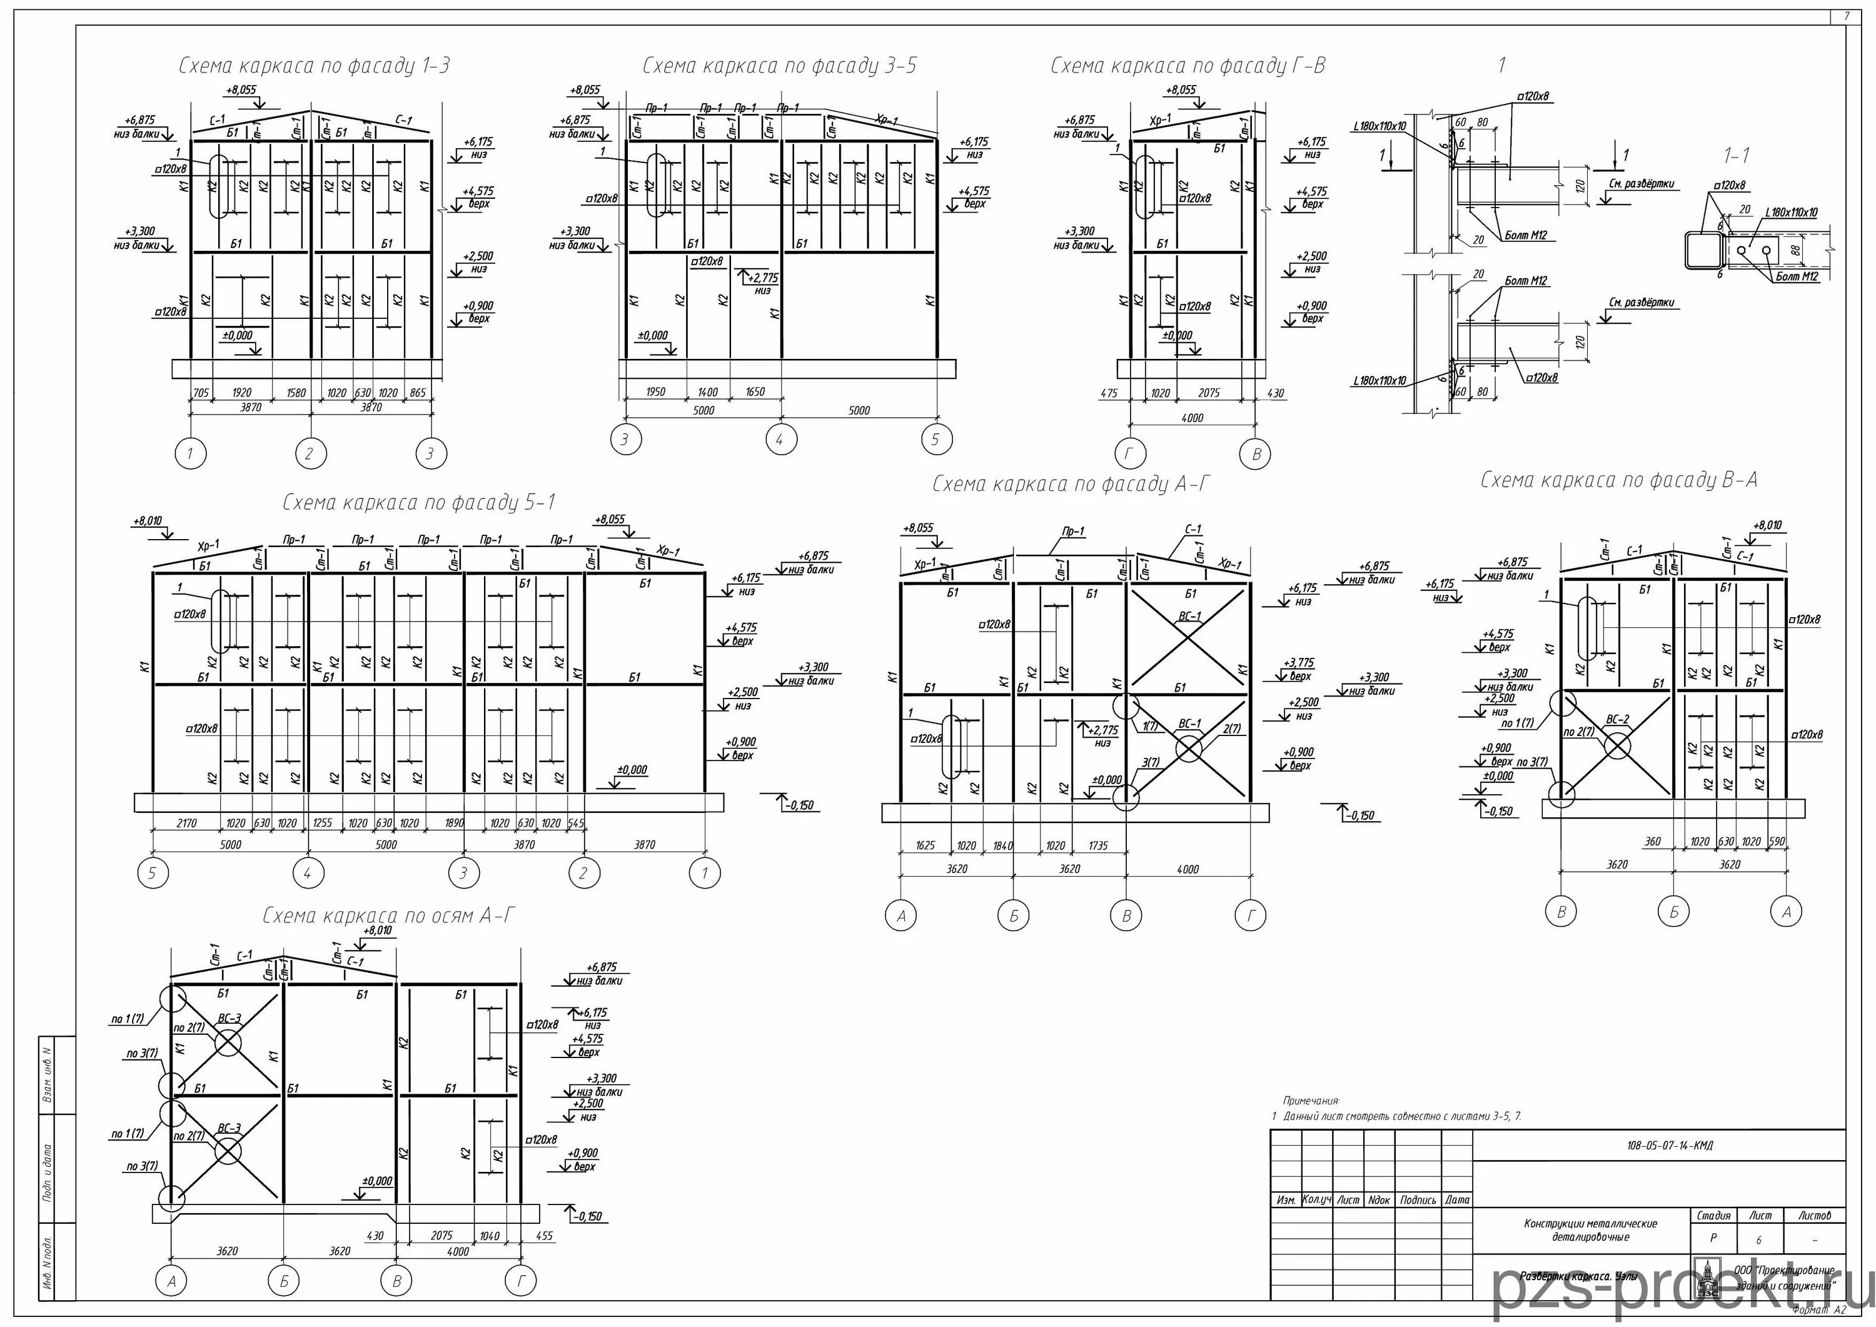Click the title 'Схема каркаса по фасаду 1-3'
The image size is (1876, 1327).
(x=314, y=66)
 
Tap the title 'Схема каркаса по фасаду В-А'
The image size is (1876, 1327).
(x=1618, y=480)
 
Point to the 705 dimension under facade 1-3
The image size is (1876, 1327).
(x=201, y=393)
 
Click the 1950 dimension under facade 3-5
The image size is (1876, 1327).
(x=655, y=392)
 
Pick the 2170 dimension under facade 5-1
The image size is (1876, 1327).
(x=186, y=823)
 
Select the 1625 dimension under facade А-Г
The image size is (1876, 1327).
(x=925, y=845)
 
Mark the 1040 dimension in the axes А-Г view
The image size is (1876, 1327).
(x=490, y=1236)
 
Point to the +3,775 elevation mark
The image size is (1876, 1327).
(x=1298, y=663)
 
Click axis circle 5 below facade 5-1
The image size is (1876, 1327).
(x=152, y=874)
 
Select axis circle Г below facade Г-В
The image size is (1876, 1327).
(x=1131, y=454)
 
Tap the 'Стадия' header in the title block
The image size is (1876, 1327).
(x=1713, y=1216)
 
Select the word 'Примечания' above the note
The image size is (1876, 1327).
(x=1311, y=1101)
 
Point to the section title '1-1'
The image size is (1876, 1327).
(x=1737, y=155)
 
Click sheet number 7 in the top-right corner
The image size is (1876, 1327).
(x=1846, y=16)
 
